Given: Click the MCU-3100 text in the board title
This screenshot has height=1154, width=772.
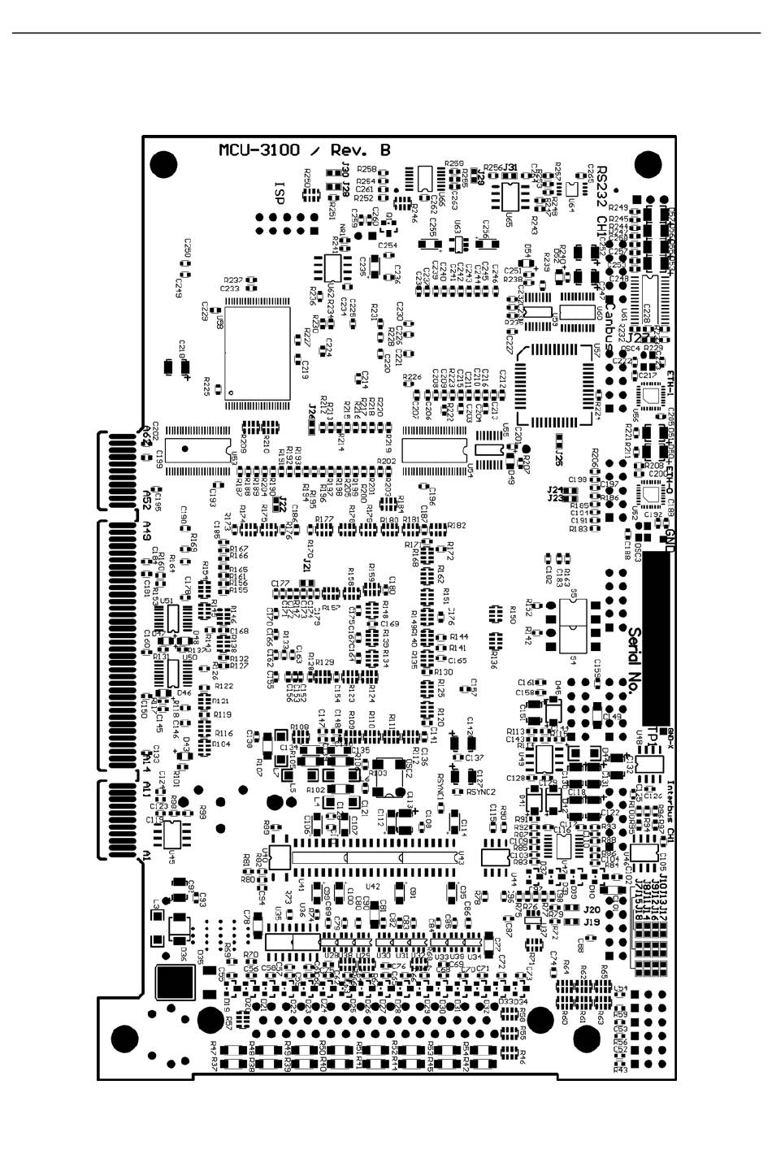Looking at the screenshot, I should (258, 150).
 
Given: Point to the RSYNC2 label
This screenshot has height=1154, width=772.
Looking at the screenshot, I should (480, 792).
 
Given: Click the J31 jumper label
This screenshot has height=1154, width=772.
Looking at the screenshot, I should (510, 167).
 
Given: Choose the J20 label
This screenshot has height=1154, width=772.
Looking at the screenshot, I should (591, 910).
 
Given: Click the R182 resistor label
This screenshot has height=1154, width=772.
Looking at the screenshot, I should (456, 526).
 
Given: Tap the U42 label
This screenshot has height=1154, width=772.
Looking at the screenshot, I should (373, 887).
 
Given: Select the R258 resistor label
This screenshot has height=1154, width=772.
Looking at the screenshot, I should (366, 169).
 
